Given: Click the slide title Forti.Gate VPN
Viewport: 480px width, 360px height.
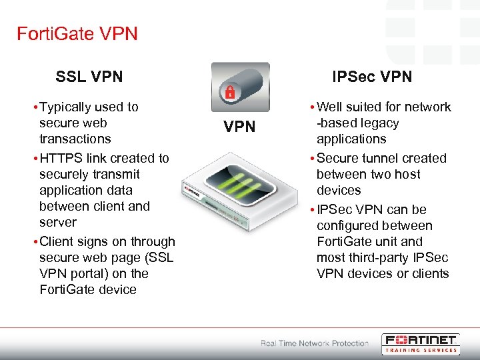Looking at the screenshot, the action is coord(77,33).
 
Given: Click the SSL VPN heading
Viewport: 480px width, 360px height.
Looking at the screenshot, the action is coord(89,77).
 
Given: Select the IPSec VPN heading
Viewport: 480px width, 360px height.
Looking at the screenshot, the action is coord(372,77).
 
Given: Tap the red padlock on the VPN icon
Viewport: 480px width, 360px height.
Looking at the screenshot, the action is coord(230,91).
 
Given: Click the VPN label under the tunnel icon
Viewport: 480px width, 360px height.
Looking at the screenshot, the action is coord(239,127).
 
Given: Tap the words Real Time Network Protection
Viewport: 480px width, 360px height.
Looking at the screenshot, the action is coord(314,343).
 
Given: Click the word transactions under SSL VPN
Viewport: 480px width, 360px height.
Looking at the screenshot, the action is coord(75,139).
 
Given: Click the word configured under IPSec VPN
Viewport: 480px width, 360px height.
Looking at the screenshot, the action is coord(351,225).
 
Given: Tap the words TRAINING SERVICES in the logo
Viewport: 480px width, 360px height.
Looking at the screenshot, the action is coord(420,349).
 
